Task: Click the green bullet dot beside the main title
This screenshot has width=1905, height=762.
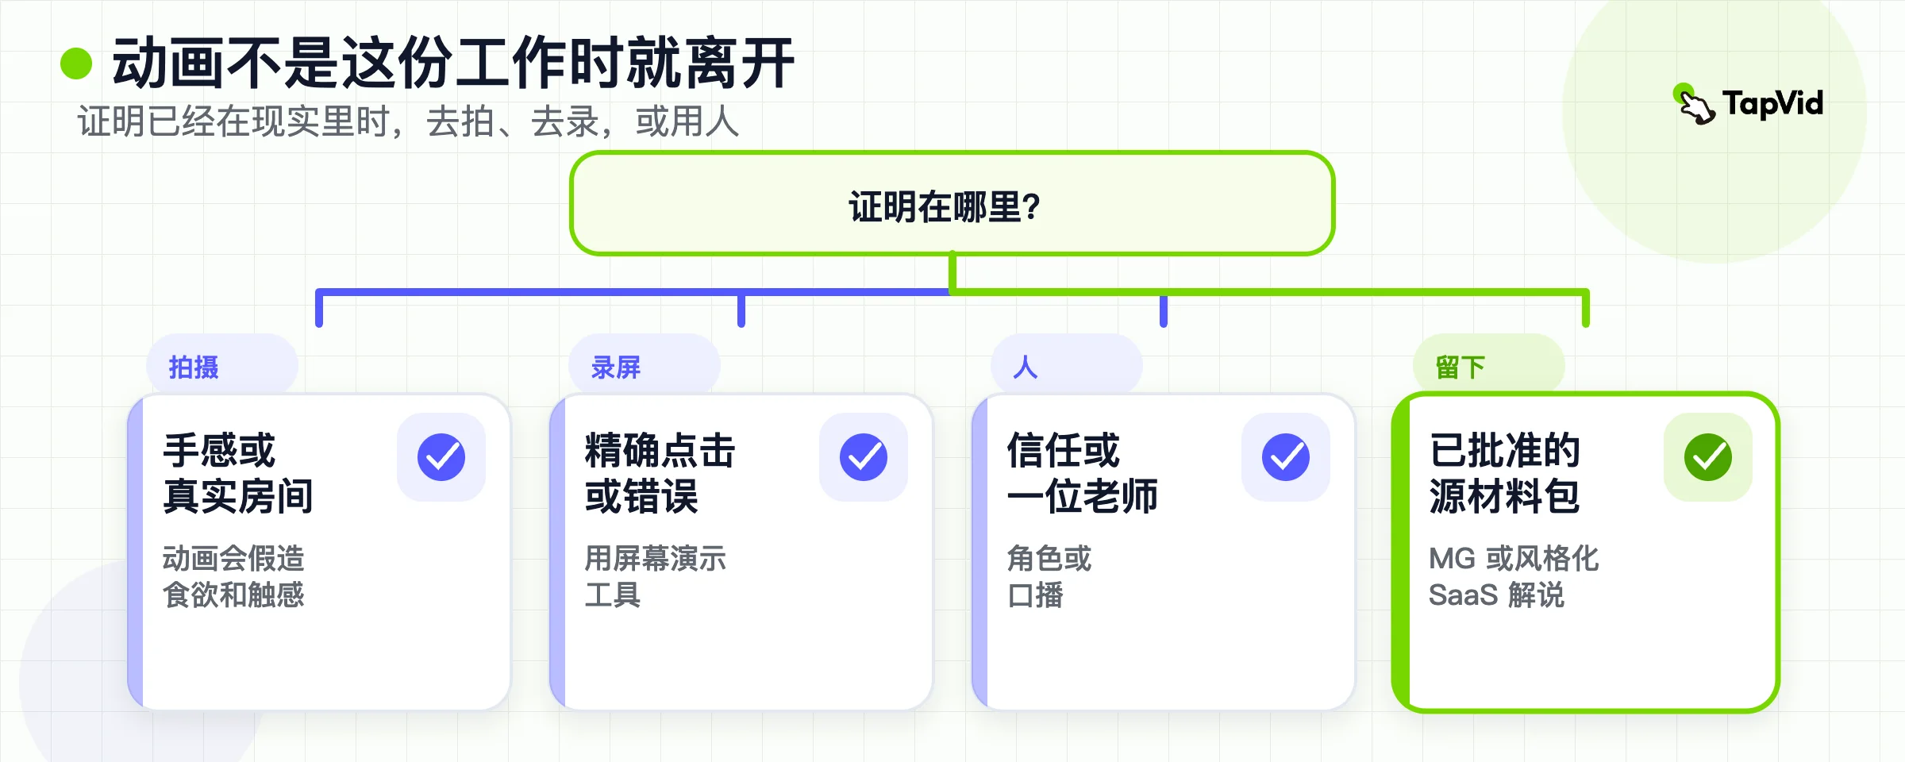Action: [x=76, y=63]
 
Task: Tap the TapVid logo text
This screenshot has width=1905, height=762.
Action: [x=1772, y=104]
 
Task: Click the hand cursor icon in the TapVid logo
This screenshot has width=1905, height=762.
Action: [x=1695, y=104]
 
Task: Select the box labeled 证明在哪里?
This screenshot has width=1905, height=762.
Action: [x=952, y=203]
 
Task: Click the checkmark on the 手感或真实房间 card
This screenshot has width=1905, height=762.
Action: [x=441, y=457]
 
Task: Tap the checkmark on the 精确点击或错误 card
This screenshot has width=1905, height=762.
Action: [x=864, y=457]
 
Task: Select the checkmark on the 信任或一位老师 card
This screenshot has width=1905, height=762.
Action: [x=1286, y=457]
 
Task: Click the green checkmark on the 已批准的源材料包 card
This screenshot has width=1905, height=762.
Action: [x=1708, y=457]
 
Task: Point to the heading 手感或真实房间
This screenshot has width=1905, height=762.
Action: [x=238, y=473]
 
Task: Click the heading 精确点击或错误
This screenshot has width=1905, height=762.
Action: [x=660, y=473]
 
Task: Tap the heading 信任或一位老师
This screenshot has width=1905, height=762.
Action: [x=1083, y=473]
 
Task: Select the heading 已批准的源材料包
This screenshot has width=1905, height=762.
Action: [x=1505, y=473]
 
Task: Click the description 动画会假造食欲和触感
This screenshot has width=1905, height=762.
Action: [x=233, y=576]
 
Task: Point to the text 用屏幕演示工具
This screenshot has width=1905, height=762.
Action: [x=656, y=576]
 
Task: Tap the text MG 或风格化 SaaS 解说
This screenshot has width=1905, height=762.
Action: [x=1514, y=576]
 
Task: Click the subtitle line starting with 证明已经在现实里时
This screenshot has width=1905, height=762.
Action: [x=408, y=122]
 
